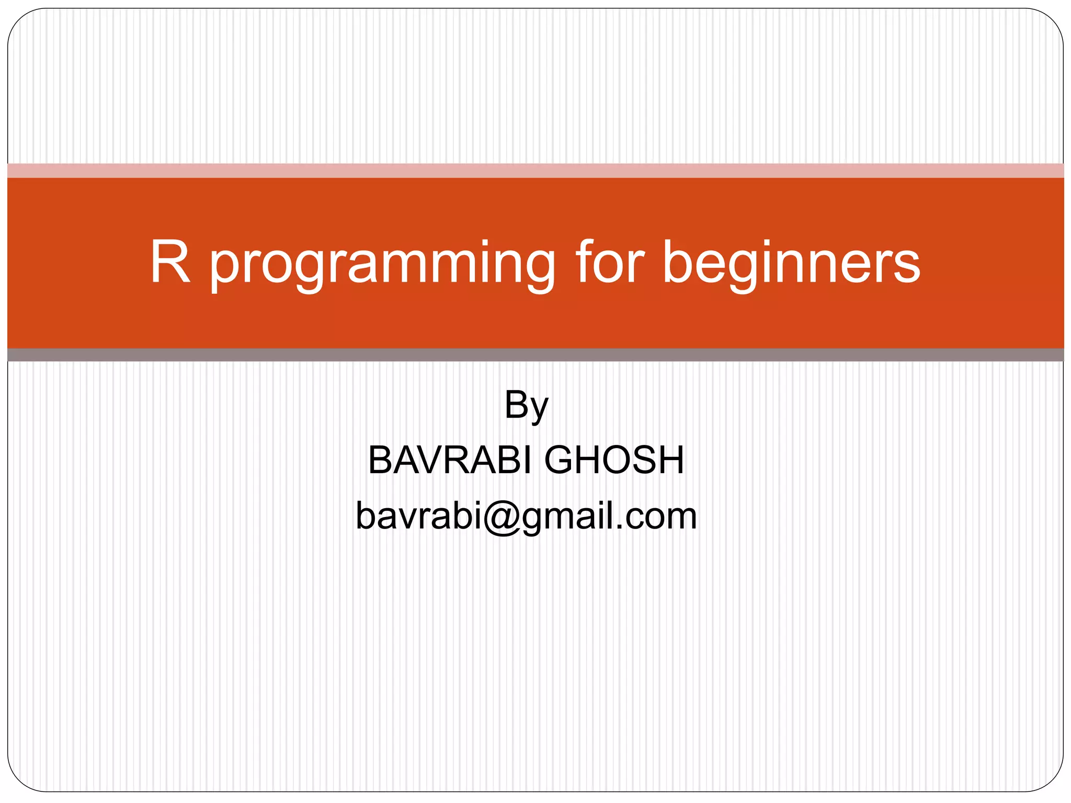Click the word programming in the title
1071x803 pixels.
coord(382,264)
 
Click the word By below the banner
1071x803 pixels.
coord(526,405)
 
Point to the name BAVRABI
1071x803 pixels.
coord(450,460)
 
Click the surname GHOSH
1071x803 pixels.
coord(614,460)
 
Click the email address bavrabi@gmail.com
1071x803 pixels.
coord(526,517)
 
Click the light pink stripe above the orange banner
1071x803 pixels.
coord(535,170)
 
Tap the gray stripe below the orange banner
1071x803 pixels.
coord(535,355)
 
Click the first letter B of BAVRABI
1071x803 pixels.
coord(379,460)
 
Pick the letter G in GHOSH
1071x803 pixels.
coord(561,460)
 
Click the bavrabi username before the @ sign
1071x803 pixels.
coord(418,517)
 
